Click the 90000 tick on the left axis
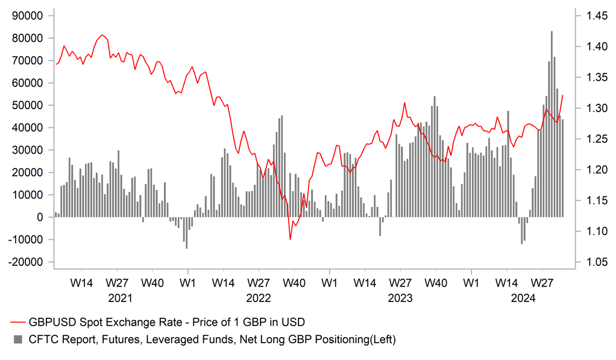coord(28,16)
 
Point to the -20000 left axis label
coord(27,262)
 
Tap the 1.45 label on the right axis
coord(589,16)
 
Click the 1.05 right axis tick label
coord(589,262)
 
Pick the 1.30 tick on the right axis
coord(589,109)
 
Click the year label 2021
coord(120,298)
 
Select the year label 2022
coord(258,298)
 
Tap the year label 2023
coord(400,298)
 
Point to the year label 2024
coord(523,298)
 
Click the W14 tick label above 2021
coord(81,282)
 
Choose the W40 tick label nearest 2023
coord(435,282)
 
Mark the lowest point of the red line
coord(290,239)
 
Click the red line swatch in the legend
coord(17,323)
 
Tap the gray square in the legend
coord(17,339)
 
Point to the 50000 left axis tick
coord(28,105)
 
